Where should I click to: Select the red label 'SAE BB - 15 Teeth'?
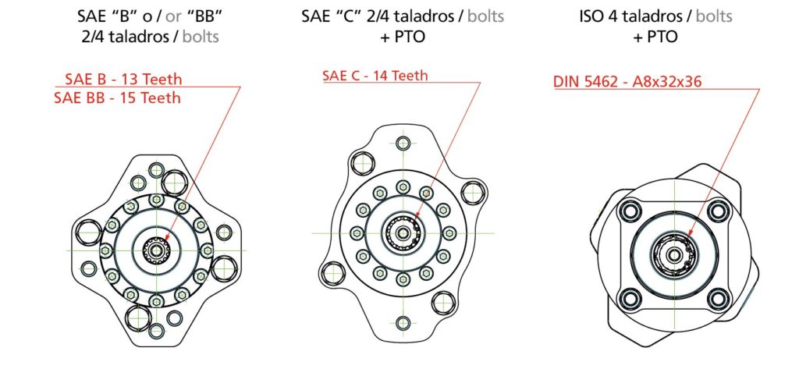pos(118,98)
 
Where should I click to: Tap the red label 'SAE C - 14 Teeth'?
pos(375,75)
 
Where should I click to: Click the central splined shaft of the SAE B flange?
pos(156,250)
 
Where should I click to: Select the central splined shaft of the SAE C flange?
pos(403,232)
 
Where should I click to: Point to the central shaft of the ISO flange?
pos(672,251)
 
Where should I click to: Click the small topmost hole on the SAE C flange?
pos(403,144)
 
